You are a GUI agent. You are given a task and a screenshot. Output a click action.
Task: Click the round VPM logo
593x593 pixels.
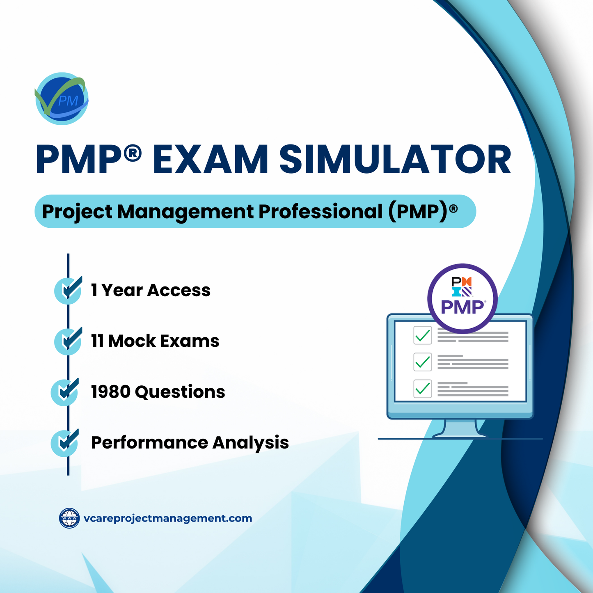coord(62,99)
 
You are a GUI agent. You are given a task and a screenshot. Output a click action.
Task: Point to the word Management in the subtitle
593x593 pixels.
coord(185,212)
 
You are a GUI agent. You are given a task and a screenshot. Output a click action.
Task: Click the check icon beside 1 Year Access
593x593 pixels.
coord(68,290)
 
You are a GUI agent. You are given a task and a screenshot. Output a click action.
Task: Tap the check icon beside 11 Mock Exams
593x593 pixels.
coord(68,341)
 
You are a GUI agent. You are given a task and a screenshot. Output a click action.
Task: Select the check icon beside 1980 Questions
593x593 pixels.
coord(65,392)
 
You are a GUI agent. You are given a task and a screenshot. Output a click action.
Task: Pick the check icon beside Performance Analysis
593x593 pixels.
coord(65,443)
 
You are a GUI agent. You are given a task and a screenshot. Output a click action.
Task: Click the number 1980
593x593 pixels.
coord(110,392)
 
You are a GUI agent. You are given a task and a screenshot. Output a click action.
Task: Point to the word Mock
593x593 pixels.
coord(132,341)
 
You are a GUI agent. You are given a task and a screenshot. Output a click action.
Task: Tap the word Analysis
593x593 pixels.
coord(250,443)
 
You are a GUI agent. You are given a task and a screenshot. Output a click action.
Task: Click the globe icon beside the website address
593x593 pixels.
coord(69,518)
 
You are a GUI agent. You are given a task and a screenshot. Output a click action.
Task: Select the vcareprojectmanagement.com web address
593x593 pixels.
coord(167,518)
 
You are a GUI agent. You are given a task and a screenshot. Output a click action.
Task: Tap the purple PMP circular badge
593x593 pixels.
coord(462,298)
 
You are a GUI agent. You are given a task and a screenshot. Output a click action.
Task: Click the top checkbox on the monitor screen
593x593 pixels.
coord(422,336)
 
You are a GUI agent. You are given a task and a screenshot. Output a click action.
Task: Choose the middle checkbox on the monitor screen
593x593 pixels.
coord(422,362)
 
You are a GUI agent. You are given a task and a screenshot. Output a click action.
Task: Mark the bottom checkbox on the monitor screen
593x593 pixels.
coord(422,389)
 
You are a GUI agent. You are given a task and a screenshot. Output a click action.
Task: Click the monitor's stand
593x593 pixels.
coord(460,428)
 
